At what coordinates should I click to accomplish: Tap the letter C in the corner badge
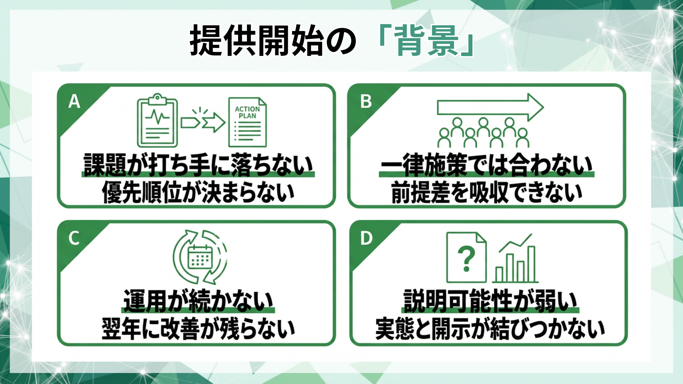(74, 238)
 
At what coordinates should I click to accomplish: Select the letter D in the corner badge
(366, 238)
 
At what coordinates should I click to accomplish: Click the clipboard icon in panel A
(157, 121)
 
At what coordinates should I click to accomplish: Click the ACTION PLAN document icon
(248, 122)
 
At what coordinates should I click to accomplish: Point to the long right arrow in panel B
(490, 107)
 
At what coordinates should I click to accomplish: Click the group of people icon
(483, 133)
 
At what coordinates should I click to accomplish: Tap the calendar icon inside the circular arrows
(200, 257)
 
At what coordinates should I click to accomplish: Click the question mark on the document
(466, 258)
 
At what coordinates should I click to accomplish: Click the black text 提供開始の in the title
(272, 41)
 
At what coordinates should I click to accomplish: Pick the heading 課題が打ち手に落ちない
(198, 165)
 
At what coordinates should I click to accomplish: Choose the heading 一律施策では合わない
(486, 165)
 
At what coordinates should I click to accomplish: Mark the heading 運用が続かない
(198, 301)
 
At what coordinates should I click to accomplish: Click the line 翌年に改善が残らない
(198, 329)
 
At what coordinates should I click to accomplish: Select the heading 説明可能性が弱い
(490, 301)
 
